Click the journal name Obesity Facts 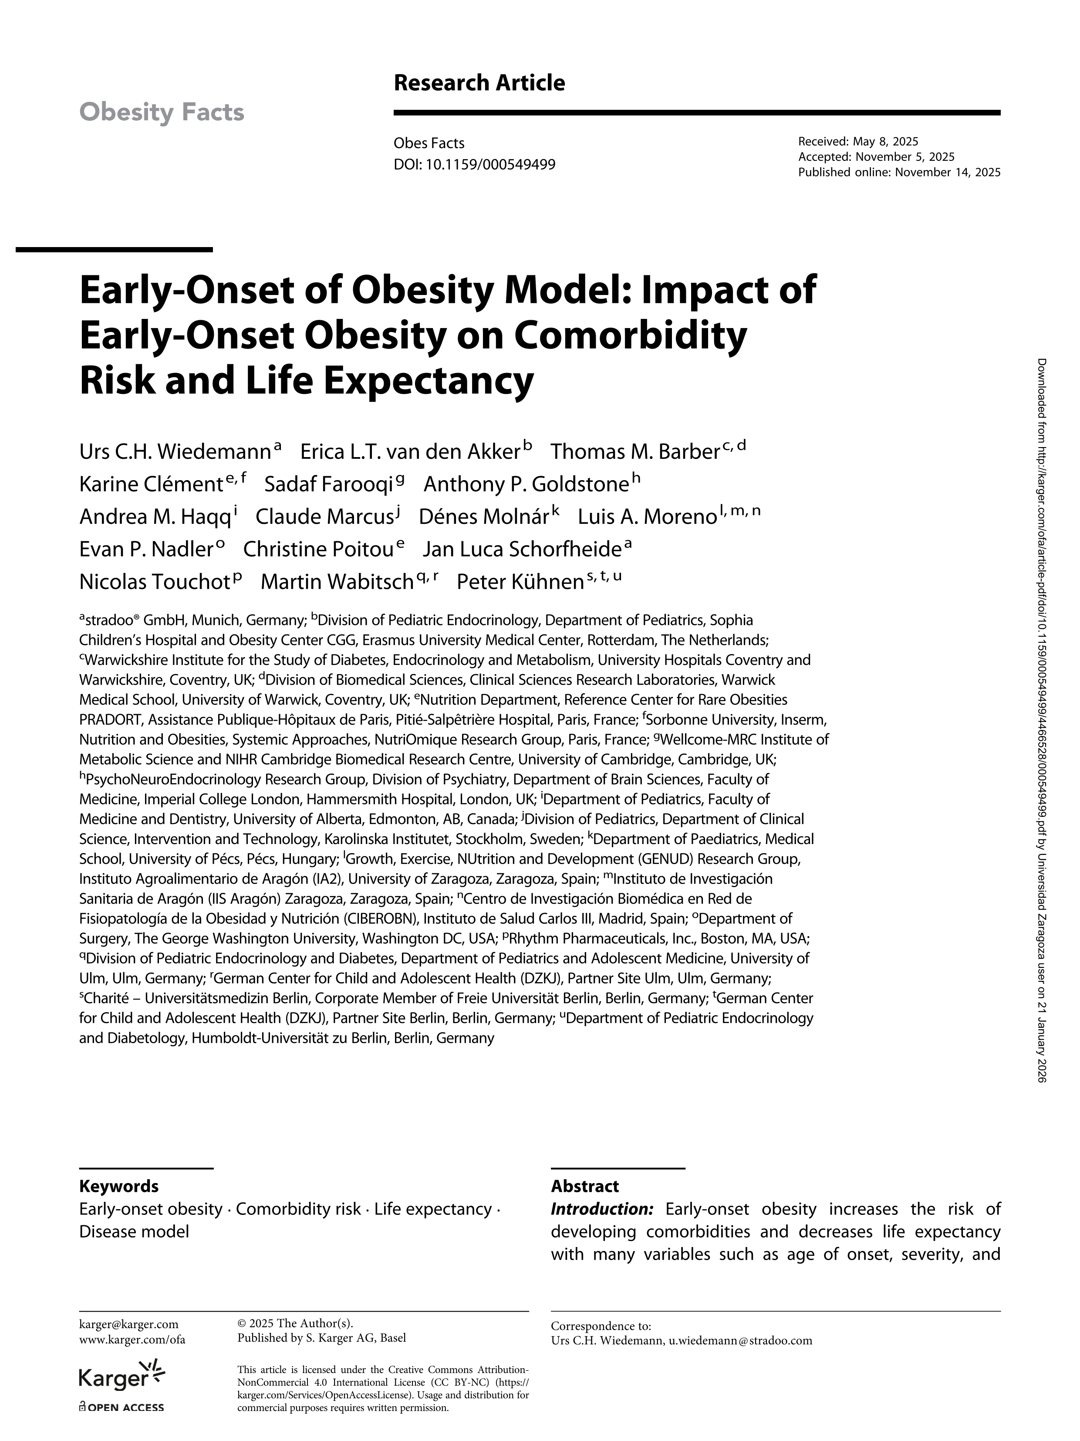point(162,113)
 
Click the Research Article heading point(479,83)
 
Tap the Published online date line point(899,172)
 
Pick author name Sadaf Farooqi point(329,484)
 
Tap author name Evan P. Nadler point(146,549)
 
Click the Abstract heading point(584,1186)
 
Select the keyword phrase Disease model point(134,1231)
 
